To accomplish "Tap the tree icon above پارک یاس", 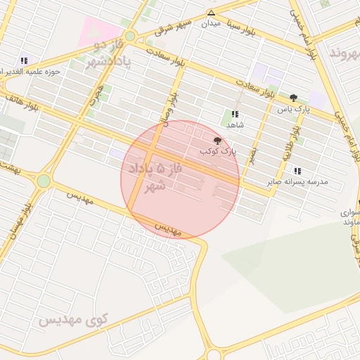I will [x=293, y=98].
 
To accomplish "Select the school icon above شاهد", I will [x=235, y=114].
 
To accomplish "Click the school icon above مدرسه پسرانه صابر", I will [x=298, y=171].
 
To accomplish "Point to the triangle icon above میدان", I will [x=211, y=13].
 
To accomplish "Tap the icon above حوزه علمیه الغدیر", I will [x=25, y=61].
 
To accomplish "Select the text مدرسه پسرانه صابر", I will [x=298, y=182].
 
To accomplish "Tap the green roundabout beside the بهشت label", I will [x=44, y=181].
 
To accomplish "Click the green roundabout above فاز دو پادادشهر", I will [x=129, y=36].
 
